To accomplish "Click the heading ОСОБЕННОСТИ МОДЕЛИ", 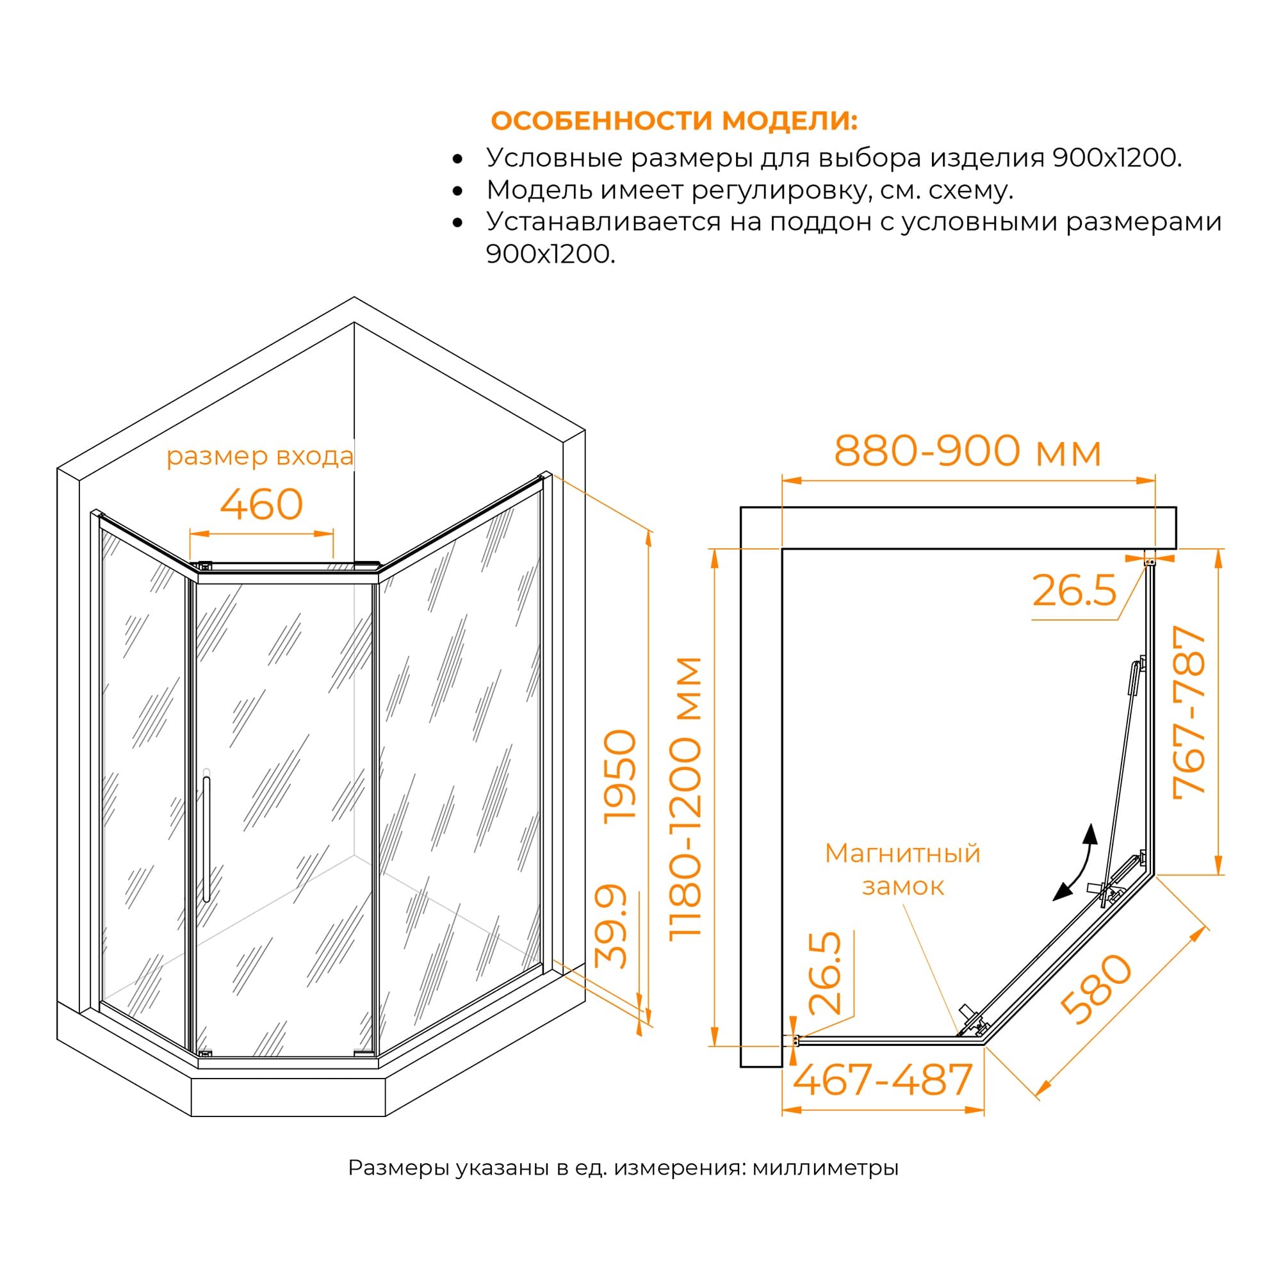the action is [x=674, y=121].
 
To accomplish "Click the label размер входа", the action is [x=260, y=456].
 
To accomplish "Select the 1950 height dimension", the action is [x=621, y=776].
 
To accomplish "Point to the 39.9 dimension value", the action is [x=611, y=926].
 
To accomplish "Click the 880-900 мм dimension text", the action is [x=967, y=452].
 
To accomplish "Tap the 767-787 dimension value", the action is [x=1189, y=713].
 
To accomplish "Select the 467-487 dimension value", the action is [x=883, y=1080].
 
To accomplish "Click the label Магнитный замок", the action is [x=902, y=870].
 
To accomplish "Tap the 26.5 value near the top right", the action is [x=1074, y=591].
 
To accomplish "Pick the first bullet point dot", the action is [x=457, y=159].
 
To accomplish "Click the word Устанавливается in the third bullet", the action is [x=603, y=222].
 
